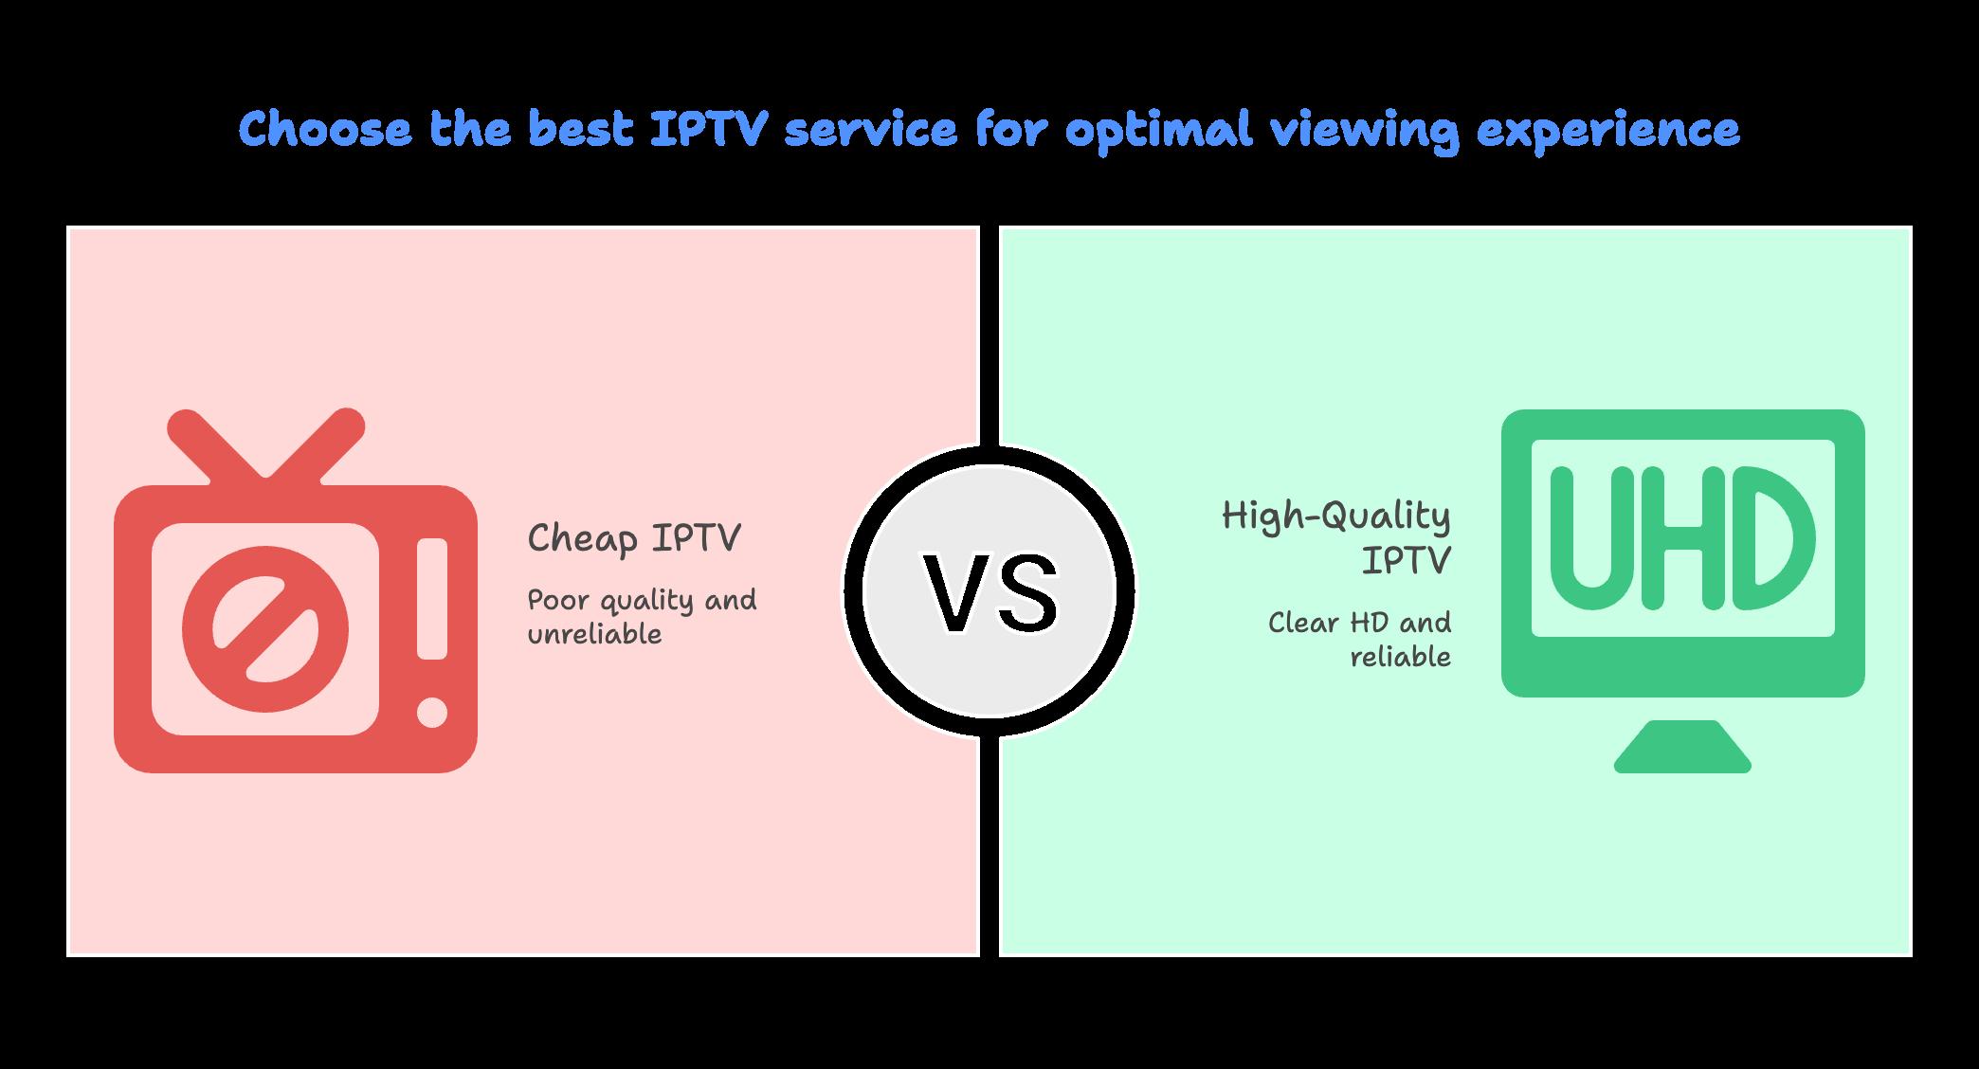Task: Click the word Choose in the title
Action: pyautogui.click(x=325, y=130)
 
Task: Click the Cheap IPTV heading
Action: pyautogui.click(x=633, y=538)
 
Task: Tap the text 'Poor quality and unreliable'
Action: pyautogui.click(x=642, y=617)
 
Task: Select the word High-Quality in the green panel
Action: pyautogui.click(x=1335, y=517)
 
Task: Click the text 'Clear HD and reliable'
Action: pyautogui.click(x=1359, y=640)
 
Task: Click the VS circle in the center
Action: pyautogui.click(x=989, y=590)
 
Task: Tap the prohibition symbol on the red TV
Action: pyautogui.click(x=265, y=629)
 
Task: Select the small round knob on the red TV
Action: pyautogui.click(x=432, y=713)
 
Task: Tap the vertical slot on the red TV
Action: pyautogui.click(x=432, y=599)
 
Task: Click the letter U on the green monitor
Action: pyautogui.click(x=1593, y=537)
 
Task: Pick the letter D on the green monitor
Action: pyautogui.click(x=1772, y=537)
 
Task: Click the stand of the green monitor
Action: pyautogui.click(x=1682, y=747)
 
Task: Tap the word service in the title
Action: pyautogui.click(x=871, y=130)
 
